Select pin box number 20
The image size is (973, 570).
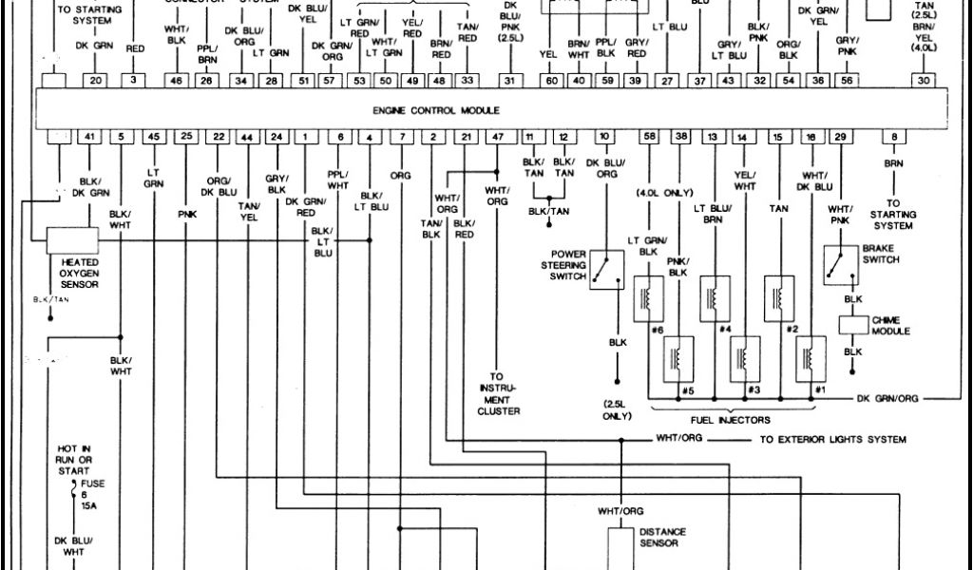pyautogui.click(x=96, y=82)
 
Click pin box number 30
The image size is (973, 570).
pyautogui.click(x=924, y=82)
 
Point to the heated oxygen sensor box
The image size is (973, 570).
pyautogui.click(x=72, y=240)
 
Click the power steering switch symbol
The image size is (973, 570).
pyautogui.click(x=605, y=269)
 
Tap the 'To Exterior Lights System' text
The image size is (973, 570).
pyautogui.click(x=832, y=440)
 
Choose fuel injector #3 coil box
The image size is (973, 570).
pyautogui.click(x=746, y=357)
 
